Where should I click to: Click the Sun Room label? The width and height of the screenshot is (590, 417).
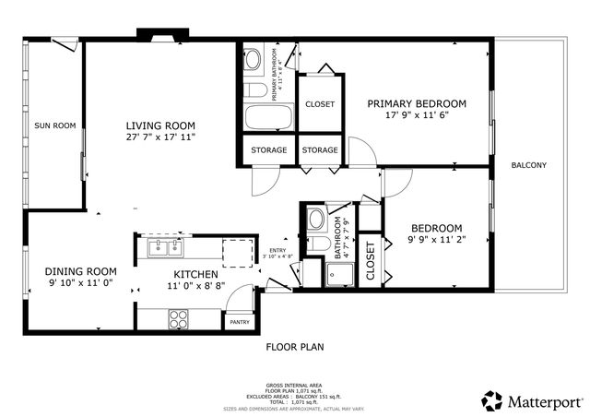click(x=54, y=125)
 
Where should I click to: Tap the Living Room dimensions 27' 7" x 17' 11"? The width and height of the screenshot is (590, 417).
click(x=161, y=137)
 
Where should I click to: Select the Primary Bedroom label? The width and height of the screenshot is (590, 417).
click(x=416, y=103)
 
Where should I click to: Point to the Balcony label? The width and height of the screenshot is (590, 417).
click(x=529, y=166)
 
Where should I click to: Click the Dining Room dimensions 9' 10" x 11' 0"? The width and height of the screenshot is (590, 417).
click(x=81, y=283)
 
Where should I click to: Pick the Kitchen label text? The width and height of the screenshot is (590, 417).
click(x=196, y=274)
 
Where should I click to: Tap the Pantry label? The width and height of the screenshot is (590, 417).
click(x=240, y=322)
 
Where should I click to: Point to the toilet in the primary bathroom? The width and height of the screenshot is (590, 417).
click(x=254, y=90)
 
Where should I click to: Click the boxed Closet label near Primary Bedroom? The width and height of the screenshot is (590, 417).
click(x=320, y=104)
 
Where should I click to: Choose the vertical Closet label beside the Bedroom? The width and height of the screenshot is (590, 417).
click(x=371, y=260)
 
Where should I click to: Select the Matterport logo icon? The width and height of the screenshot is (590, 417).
click(x=492, y=399)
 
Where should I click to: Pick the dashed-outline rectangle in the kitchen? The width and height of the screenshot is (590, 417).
click(x=236, y=250)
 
